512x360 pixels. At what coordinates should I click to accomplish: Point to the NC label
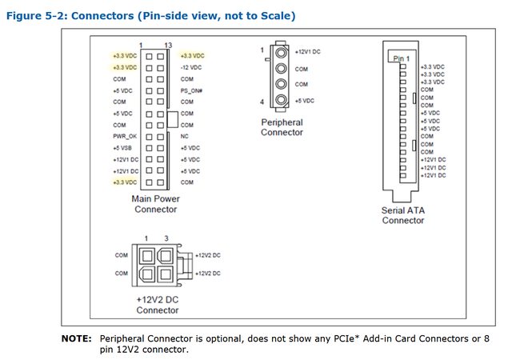point(184,137)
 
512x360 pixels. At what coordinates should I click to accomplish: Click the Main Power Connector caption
point(156,204)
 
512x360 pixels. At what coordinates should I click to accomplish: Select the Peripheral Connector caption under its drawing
point(282,127)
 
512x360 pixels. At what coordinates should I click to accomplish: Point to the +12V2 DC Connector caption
point(158,303)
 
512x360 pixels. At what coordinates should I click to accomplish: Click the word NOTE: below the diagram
point(78,339)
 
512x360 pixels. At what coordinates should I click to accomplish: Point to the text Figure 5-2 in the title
point(36,16)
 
